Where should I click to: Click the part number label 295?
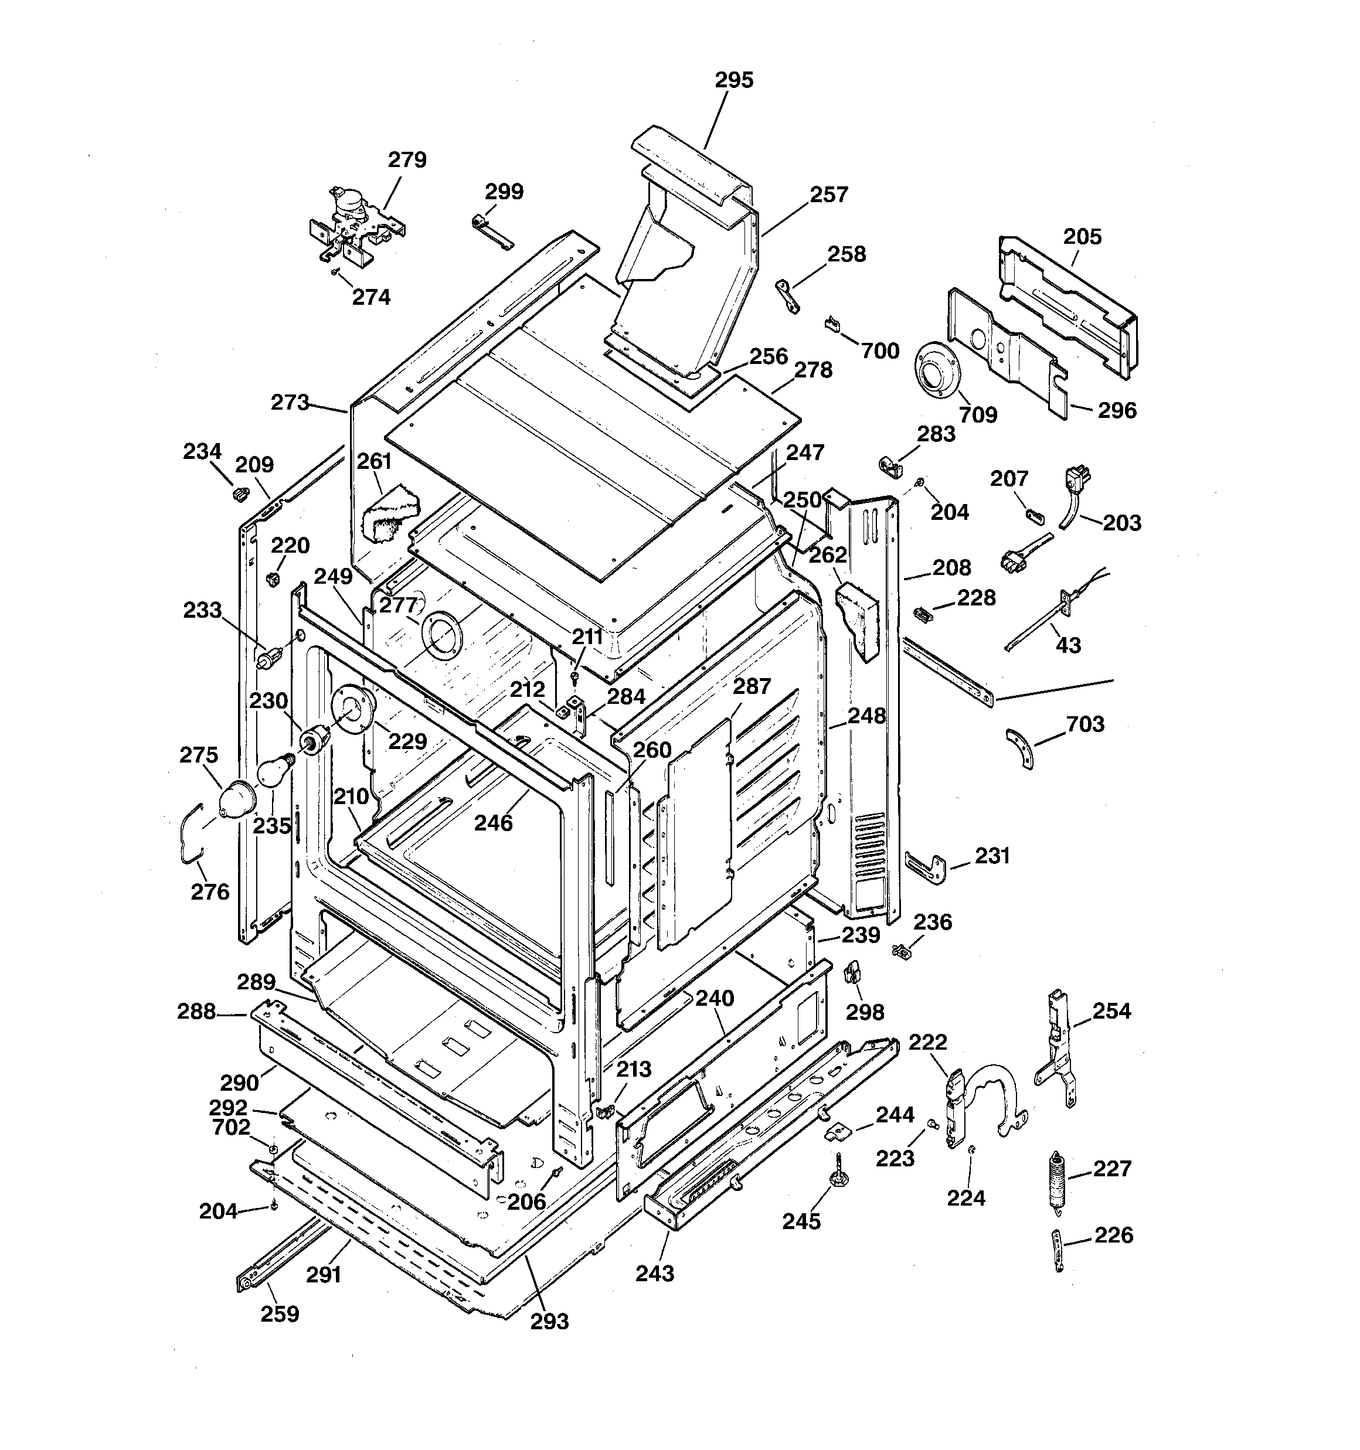click(733, 80)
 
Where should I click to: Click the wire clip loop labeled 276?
click(191, 833)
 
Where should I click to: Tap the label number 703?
click(1085, 724)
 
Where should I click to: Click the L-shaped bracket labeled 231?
click(925, 866)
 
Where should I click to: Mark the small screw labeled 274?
click(334, 271)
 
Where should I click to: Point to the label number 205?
click(1082, 236)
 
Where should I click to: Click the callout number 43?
click(1068, 645)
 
